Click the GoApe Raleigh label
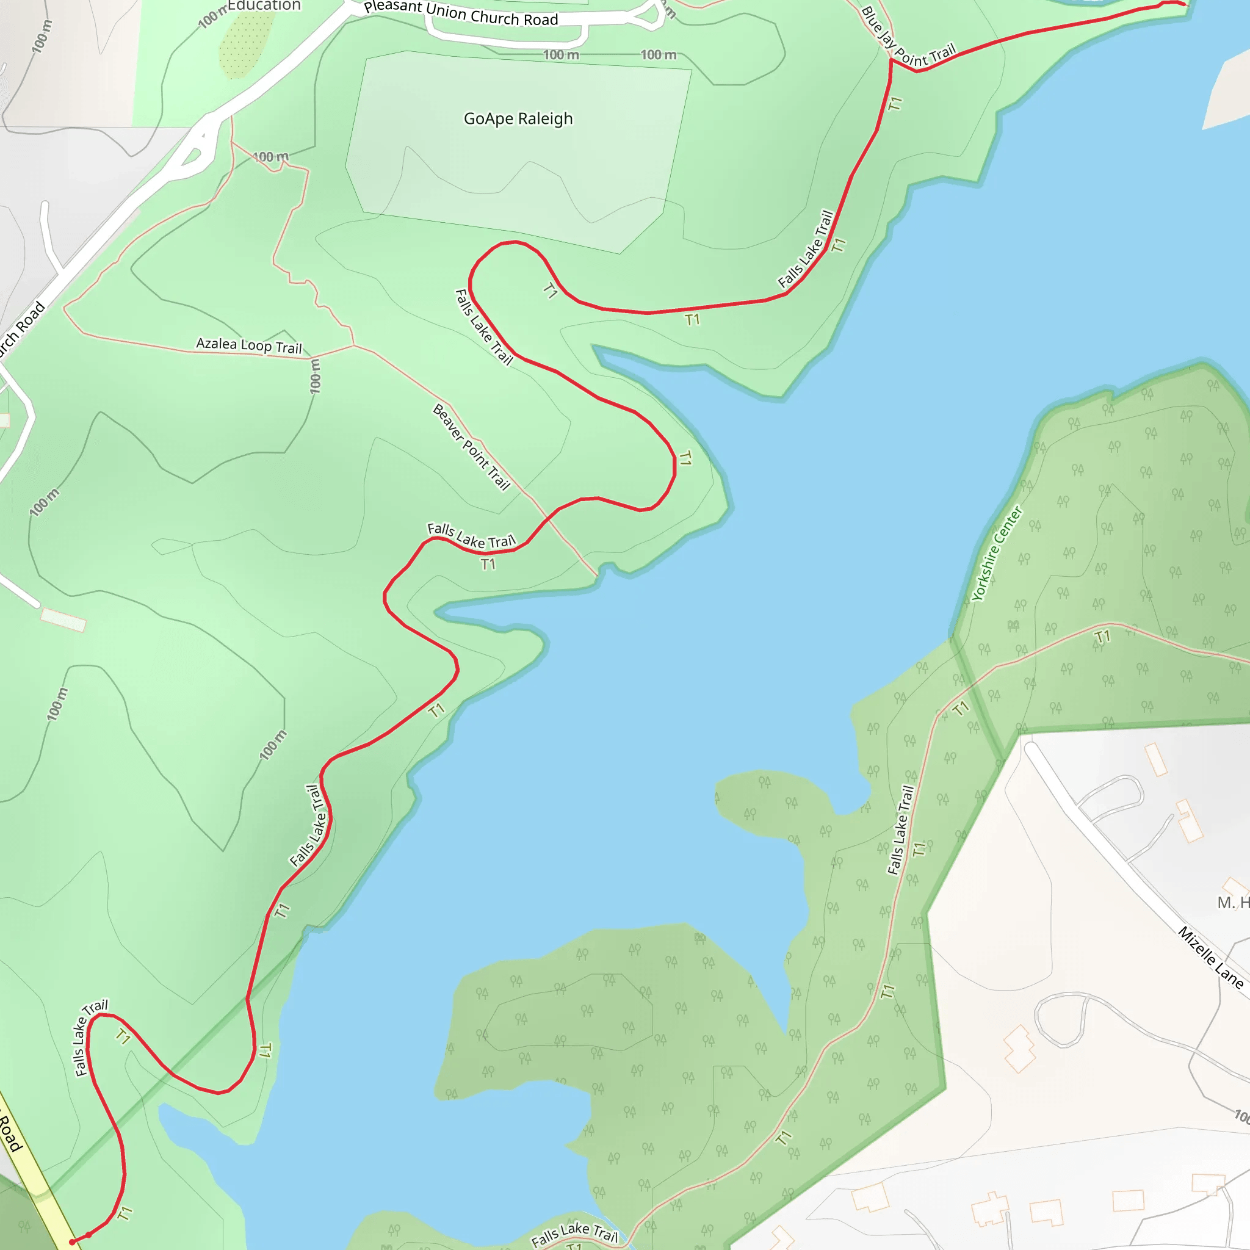click(518, 119)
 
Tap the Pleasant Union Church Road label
click(461, 13)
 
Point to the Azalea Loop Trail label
click(249, 345)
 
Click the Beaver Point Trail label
click(471, 447)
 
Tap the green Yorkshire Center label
click(997, 554)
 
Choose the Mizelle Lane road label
click(1210, 958)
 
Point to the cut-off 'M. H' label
click(1232, 903)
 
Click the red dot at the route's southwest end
click(72, 1242)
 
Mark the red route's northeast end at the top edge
click(1183, 4)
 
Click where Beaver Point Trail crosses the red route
click(547, 519)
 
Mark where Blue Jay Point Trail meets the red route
click(891, 60)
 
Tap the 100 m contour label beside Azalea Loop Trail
click(315, 376)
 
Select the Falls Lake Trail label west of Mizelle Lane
click(900, 830)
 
